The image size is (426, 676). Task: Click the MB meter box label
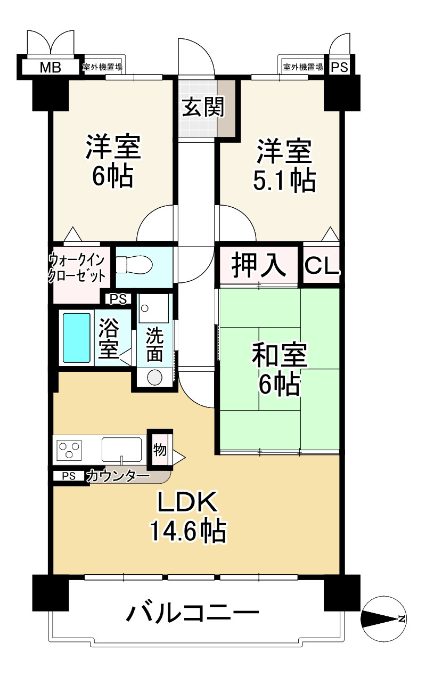click(x=51, y=67)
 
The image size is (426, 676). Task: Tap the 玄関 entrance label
click(x=203, y=107)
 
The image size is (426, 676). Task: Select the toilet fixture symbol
click(x=134, y=264)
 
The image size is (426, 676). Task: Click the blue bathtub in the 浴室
click(x=76, y=338)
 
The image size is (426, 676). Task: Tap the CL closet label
click(x=322, y=266)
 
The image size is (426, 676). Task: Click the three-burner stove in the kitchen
click(x=70, y=450)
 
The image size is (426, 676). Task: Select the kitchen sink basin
click(x=122, y=450)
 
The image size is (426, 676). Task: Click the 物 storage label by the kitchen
click(x=160, y=450)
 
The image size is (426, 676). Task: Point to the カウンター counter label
click(x=118, y=476)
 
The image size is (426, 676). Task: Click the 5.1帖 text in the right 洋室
click(x=284, y=180)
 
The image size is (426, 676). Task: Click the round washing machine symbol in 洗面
click(x=155, y=377)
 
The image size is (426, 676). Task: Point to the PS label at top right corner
click(x=340, y=67)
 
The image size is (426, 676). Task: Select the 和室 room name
click(x=280, y=355)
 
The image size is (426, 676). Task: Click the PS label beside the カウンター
click(x=69, y=476)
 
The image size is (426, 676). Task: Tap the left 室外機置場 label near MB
click(x=103, y=67)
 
